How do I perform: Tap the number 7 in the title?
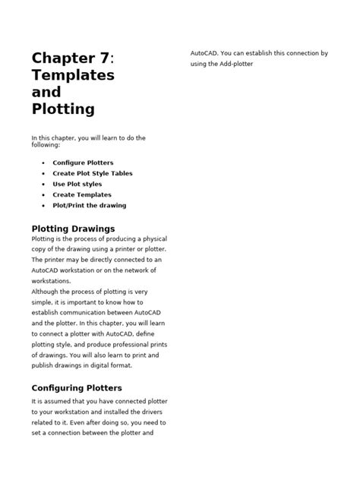[x=105, y=58]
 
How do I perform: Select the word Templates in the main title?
[x=73, y=75]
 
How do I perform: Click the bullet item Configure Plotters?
[x=83, y=163]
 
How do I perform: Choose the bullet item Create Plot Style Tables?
[x=93, y=173]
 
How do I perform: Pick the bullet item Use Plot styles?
[x=77, y=184]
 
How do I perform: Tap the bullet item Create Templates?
[x=81, y=194]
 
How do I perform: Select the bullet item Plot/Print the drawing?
[x=89, y=205]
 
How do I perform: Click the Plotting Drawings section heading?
[x=73, y=228]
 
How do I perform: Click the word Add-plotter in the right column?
[x=235, y=64]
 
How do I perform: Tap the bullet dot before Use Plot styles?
[x=43, y=184]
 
